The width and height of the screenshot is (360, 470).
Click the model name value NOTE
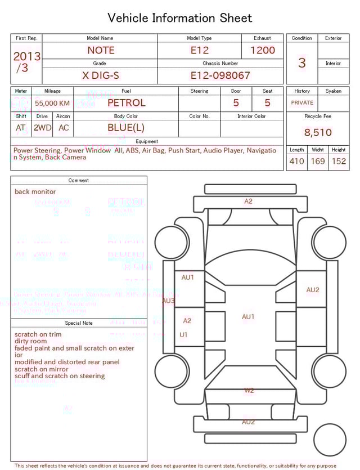[100, 50]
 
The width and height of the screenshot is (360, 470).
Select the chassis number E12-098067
[220, 75]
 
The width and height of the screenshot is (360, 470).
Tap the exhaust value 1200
[263, 50]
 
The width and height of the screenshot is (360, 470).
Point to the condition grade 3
[302, 62]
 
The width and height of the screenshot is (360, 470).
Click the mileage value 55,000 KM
[52, 103]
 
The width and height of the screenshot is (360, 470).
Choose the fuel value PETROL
[126, 102]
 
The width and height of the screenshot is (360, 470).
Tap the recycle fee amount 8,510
[318, 133]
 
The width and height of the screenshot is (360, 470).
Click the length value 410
[296, 162]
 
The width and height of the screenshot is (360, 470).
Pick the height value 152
[339, 162]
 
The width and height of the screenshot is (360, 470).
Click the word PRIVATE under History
[302, 102]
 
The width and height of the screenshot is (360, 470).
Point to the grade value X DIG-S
[101, 75]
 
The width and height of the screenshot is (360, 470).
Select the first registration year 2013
[27, 56]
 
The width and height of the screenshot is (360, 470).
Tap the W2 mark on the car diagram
[249, 390]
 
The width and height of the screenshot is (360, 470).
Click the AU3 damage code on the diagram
[168, 301]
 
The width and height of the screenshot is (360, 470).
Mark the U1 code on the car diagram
[183, 334]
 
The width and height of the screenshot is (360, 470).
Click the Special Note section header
[79, 323]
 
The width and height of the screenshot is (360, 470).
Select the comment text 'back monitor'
[35, 192]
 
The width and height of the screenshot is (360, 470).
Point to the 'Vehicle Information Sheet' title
[180, 18]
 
